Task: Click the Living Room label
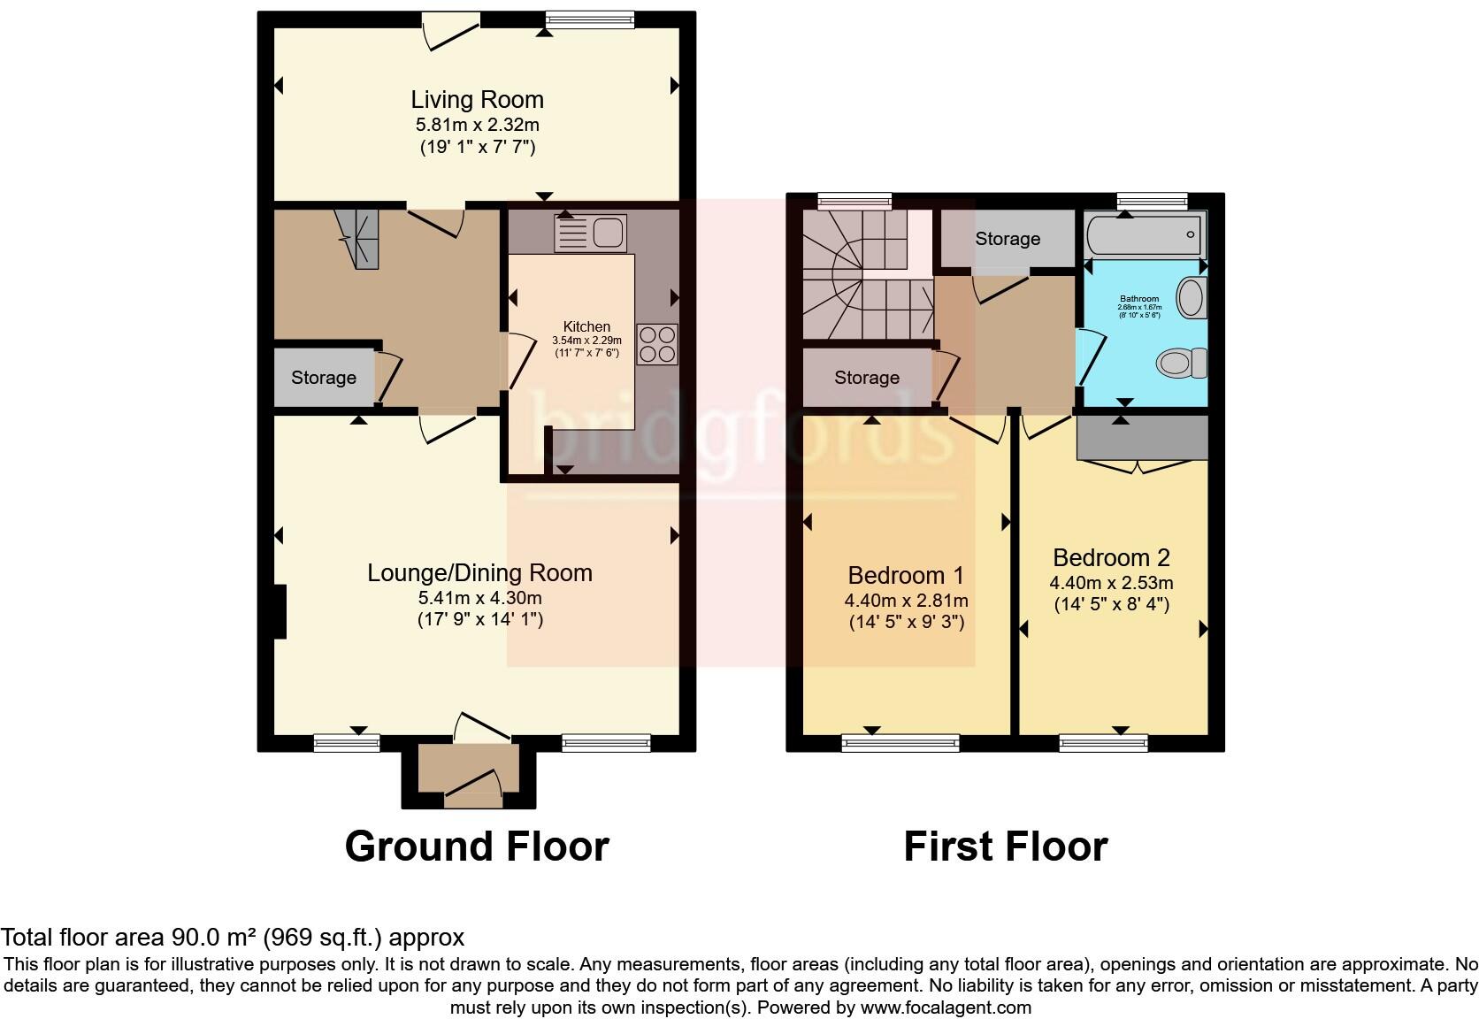477,99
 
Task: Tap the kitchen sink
590,233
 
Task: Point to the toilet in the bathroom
1182,362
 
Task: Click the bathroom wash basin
1192,297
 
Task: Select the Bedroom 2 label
1111,557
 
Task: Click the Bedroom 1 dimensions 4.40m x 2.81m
906,601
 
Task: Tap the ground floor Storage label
324,378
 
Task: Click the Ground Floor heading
477,847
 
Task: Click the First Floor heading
1005,847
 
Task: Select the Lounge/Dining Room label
479,572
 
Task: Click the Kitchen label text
586,326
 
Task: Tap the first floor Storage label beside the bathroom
1008,239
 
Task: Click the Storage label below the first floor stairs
866,378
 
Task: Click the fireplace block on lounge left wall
280,611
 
